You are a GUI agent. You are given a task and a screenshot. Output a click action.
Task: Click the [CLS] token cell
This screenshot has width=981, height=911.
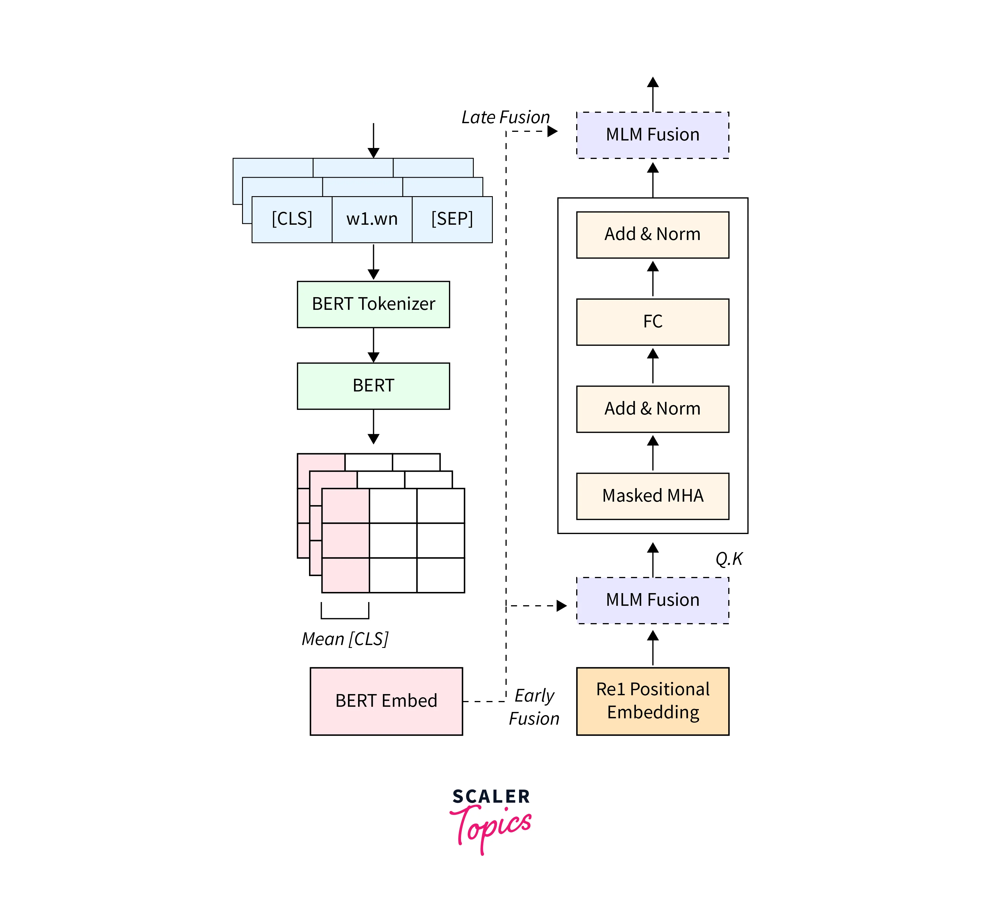(x=292, y=219)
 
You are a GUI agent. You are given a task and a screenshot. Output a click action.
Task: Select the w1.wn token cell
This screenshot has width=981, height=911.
(x=372, y=219)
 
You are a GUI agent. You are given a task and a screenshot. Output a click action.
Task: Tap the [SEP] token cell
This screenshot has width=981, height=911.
(x=452, y=219)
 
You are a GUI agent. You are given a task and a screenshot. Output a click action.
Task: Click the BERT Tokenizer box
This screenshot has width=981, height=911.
(x=373, y=304)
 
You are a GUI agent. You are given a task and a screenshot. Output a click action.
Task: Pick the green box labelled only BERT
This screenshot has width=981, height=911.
(x=373, y=385)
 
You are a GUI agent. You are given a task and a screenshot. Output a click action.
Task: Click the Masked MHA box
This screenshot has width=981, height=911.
(x=652, y=495)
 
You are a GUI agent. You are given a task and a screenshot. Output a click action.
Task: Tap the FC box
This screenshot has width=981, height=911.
(x=652, y=321)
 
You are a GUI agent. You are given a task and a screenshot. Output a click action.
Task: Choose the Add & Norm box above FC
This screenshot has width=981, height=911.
(x=652, y=234)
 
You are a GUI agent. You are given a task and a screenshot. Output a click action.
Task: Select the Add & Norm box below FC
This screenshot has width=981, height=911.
(x=652, y=409)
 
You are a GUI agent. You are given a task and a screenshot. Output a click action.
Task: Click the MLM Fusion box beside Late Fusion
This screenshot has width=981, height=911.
(x=652, y=135)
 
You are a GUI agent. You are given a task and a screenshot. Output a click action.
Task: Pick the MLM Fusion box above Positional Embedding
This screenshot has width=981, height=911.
(x=652, y=600)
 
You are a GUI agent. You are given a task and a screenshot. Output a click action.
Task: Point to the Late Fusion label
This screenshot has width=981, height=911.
(x=505, y=117)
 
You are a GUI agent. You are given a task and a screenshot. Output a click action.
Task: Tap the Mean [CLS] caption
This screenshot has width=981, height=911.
(x=345, y=639)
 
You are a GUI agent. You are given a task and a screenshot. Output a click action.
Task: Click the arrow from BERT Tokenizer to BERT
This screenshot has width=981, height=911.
(x=373, y=345)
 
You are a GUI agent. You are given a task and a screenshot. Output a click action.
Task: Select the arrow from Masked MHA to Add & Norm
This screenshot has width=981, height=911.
(x=652, y=453)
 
